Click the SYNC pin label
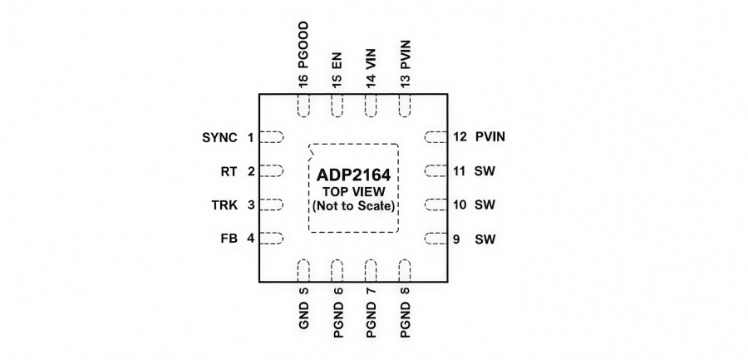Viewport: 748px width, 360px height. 219,137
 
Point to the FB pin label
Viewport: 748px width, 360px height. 229,239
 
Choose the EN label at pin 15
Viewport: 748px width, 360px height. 337,65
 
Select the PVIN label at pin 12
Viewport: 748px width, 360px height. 490,137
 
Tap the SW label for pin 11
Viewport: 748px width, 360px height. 484,171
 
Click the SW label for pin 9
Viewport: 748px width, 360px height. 484,239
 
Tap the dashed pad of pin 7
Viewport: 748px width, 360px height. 371,270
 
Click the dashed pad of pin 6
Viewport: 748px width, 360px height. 337,270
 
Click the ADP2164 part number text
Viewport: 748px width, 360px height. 354,176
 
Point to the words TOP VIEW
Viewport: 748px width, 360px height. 354,192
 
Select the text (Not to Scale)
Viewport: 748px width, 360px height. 354,205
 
